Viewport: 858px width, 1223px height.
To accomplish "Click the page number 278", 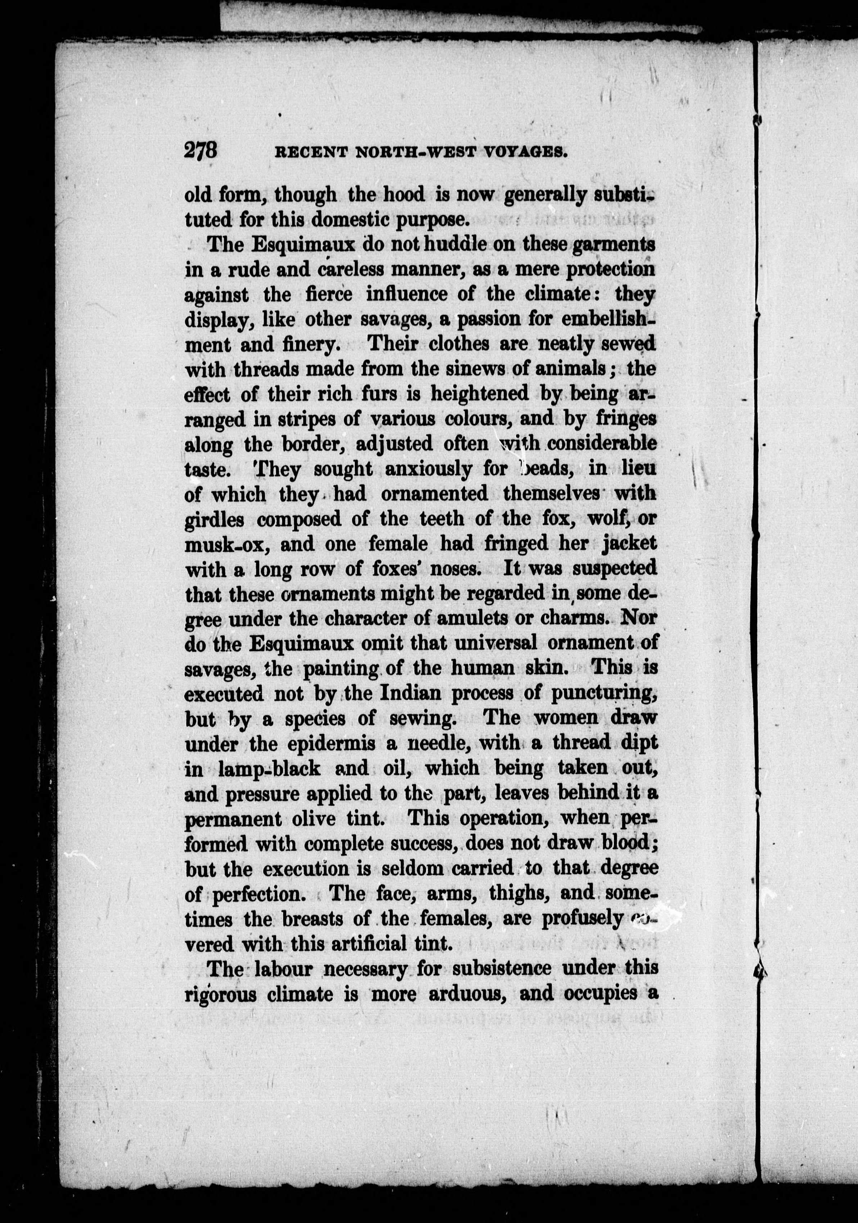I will (201, 150).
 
